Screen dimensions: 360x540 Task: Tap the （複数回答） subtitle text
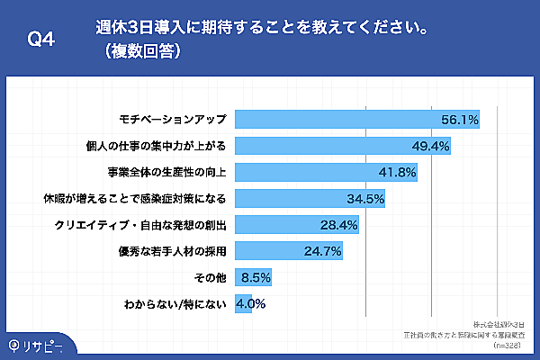tap(145, 51)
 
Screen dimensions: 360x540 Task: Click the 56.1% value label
tap(459, 119)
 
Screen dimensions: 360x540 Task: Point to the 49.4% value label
tap(430, 145)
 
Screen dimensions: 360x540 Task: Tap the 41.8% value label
tap(397, 172)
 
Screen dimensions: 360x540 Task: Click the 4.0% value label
tap(250, 303)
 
